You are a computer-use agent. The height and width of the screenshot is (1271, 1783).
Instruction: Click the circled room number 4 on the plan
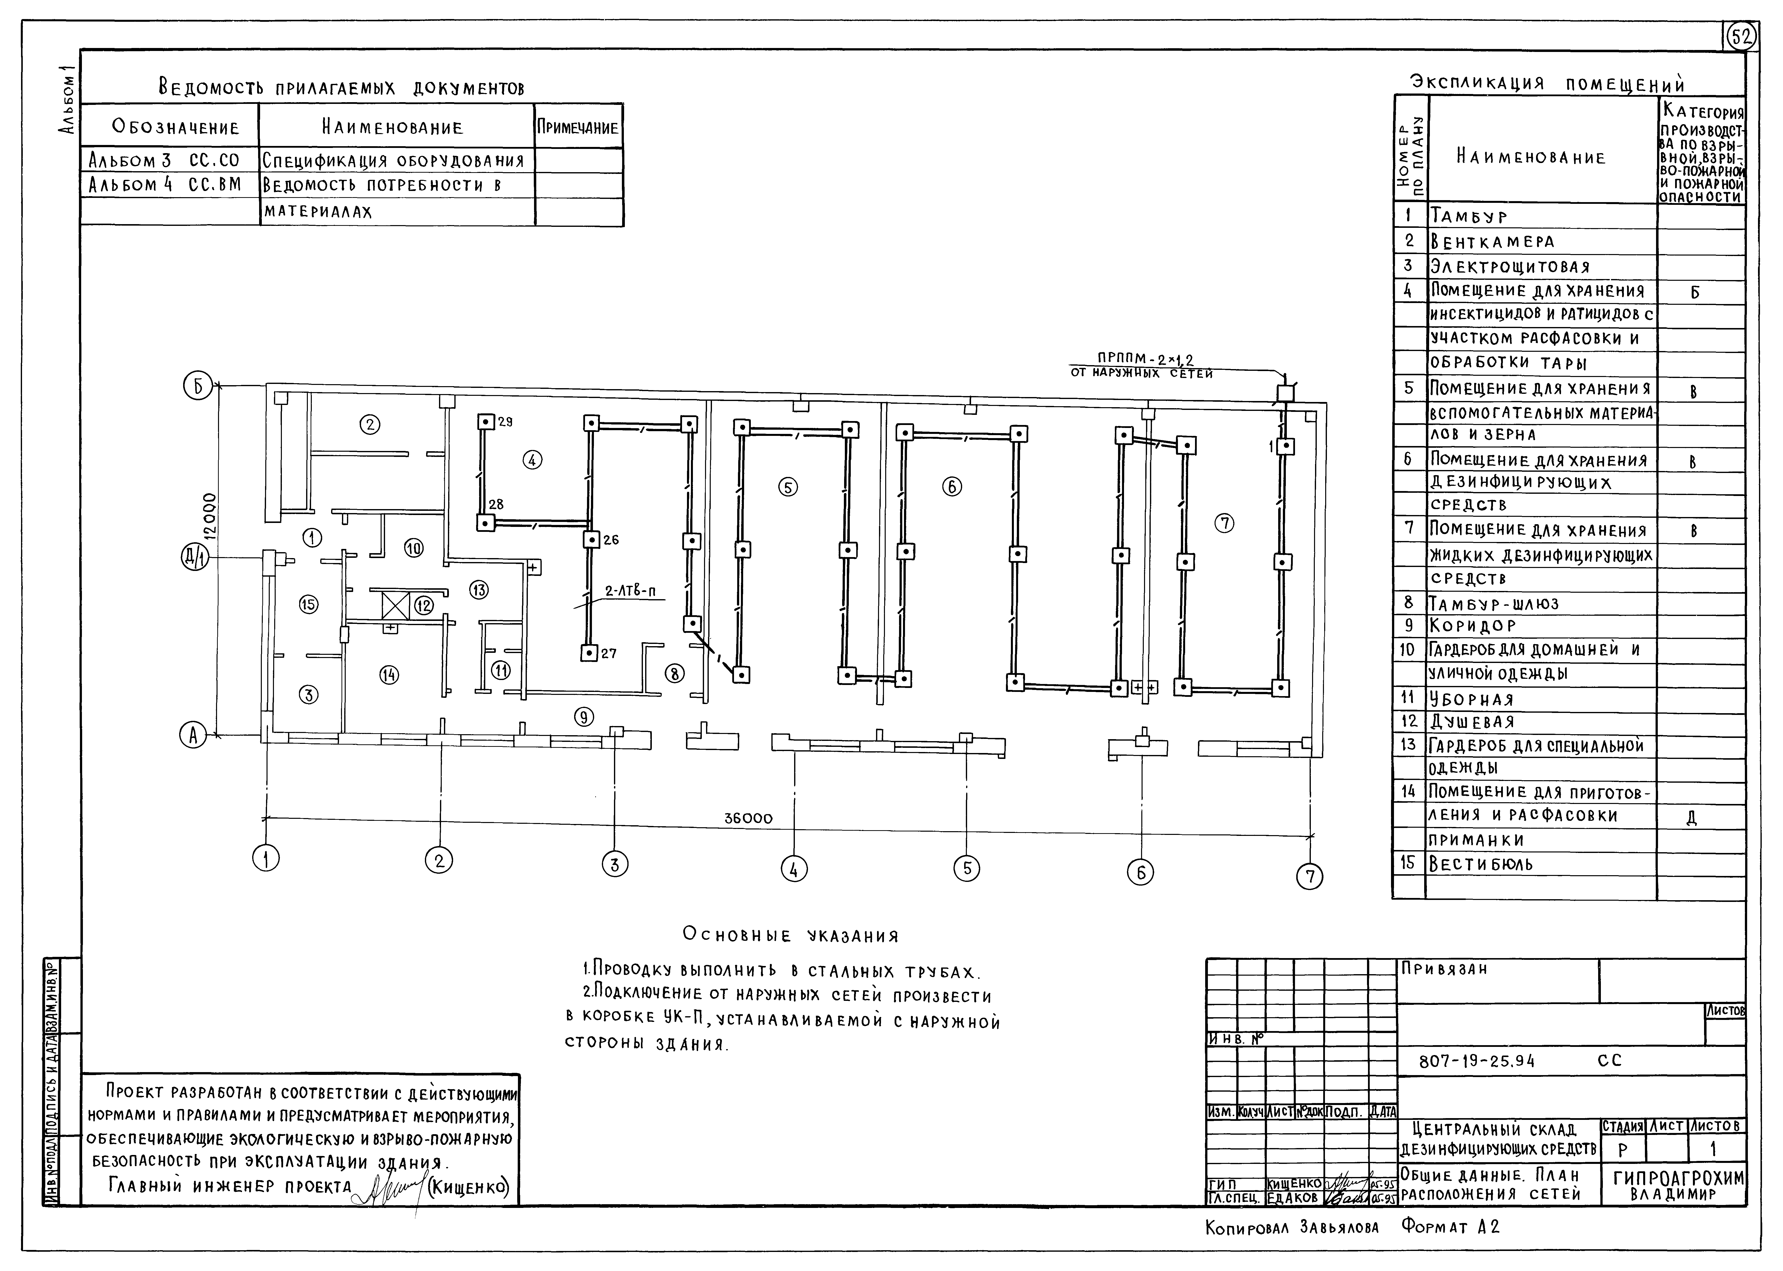532,460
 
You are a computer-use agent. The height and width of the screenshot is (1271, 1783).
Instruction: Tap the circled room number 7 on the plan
1224,524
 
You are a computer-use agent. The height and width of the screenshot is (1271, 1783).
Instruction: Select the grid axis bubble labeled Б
196,387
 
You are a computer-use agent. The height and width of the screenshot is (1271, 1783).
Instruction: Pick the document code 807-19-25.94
1477,1061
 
